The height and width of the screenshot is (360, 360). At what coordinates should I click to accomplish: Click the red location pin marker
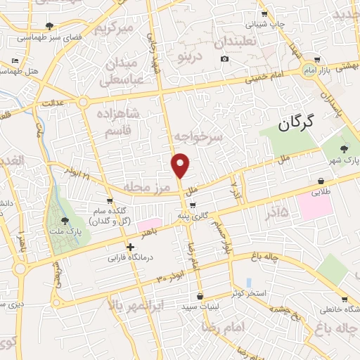click(x=181, y=165)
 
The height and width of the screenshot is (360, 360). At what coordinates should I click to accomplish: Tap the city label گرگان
click(x=304, y=124)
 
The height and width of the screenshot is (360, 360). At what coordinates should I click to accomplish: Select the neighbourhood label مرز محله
click(x=148, y=187)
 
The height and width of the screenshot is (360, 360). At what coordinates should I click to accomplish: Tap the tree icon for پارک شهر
click(x=343, y=149)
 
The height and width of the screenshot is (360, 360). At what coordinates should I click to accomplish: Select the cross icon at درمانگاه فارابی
click(x=130, y=247)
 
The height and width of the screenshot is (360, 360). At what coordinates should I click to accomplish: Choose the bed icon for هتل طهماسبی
click(x=15, y=61)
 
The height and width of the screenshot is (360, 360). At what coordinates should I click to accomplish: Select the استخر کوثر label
click(x=250, y=292)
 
